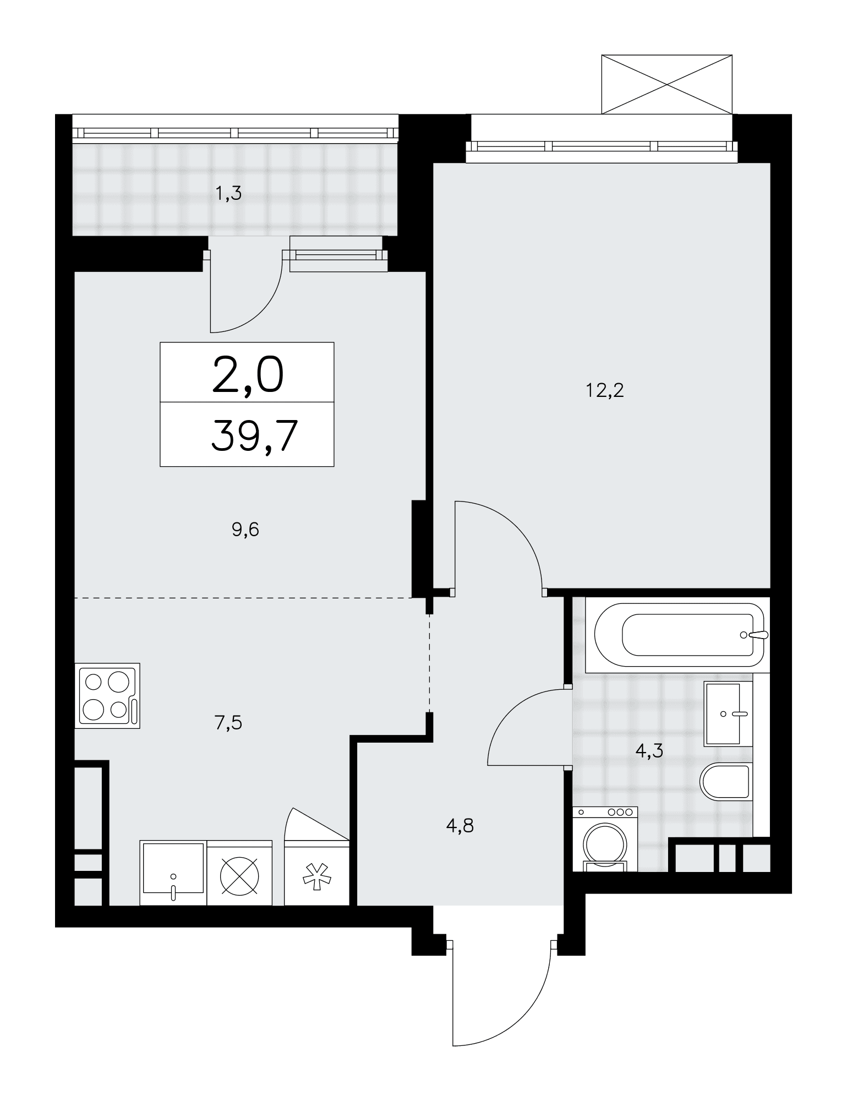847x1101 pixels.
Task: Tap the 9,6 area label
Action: (245, 530)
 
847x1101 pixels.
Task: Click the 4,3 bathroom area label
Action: (649, 750)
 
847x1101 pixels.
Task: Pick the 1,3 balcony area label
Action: (228, 194)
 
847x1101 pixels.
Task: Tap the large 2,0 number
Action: (248, 374)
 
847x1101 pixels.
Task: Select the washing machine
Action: (605, 839)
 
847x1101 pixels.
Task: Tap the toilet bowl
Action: (725, 782)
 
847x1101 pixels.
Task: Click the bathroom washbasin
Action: (728, 713)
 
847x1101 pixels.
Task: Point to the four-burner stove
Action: (107, 696)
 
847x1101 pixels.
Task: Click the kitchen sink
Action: (173, 873)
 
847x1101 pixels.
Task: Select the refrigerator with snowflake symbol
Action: (316, 873)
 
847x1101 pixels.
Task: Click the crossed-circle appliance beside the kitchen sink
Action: (239, 873)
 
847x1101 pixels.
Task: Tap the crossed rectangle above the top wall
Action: (667, 84)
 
